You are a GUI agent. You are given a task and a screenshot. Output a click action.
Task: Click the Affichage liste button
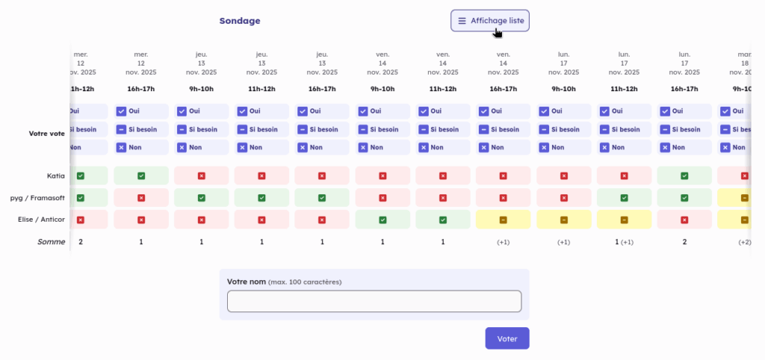click(489, 21)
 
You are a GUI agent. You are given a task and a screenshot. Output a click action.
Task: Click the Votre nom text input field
click(374, 301)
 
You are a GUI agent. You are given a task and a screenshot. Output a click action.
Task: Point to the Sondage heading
click(240, 21)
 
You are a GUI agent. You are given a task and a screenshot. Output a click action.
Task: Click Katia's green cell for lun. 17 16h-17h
click(684, 176)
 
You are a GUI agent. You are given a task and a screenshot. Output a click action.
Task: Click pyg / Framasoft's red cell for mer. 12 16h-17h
click(140, 198)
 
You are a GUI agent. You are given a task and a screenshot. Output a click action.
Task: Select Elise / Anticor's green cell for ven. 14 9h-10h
click(382, 220)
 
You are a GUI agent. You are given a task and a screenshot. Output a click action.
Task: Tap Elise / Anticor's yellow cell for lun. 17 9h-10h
click(563, 220)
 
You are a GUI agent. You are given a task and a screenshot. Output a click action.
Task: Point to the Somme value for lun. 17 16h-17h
click(684, 242)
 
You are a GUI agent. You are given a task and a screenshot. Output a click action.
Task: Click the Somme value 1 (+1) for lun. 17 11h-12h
click(624, 242)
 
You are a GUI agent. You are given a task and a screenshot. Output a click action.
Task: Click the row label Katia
click(56, 176)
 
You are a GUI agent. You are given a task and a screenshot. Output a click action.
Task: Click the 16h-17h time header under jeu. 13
click(322, 89)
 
